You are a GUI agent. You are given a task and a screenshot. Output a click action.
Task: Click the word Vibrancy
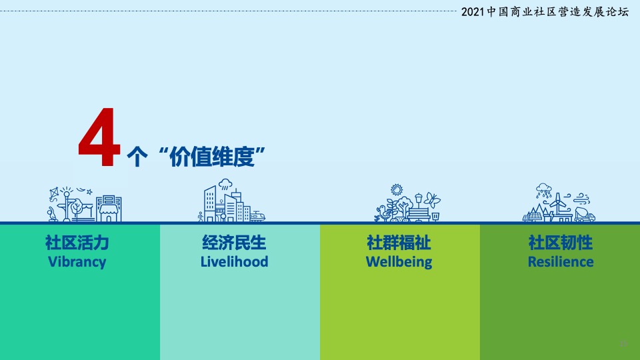click(x=77, y=261)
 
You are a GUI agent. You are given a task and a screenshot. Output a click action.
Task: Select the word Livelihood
click(x=234, y=261)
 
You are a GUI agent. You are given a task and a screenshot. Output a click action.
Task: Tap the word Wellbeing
click(x=399, y=261)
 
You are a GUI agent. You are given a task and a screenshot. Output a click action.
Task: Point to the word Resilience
click(x=561, y=261)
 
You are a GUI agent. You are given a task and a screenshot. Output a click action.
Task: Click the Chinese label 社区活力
click(x=77, y=241)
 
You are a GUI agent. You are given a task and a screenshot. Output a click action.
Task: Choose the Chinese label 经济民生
click(x=234, y=241)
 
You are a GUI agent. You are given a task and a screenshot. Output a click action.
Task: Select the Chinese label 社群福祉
click(x=399, y=241)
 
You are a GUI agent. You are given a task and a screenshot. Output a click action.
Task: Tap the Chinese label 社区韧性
click(x=561, y=241)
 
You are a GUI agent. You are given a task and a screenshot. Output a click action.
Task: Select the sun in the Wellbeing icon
click(x=397, y=190)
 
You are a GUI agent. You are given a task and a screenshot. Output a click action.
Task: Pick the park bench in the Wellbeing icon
click(x=419, y=213)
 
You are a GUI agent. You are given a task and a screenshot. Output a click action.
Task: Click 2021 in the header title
click(x=474, y=13)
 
